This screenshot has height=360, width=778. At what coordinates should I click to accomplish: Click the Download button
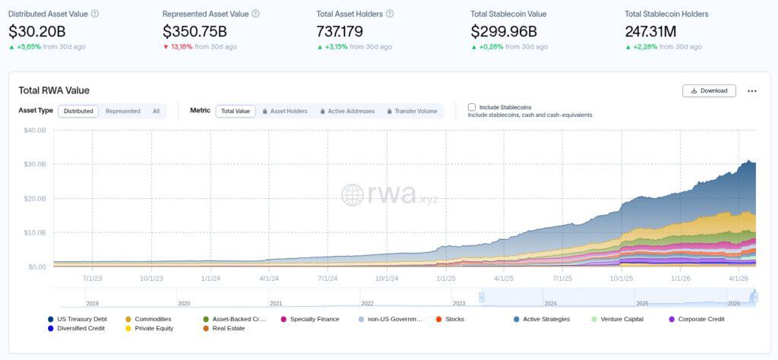[710, 90]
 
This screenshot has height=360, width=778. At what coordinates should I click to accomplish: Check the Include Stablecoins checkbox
[472, 107]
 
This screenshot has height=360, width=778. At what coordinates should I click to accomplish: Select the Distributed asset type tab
[78, 111]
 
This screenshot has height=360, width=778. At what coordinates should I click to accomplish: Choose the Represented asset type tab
[122, 111]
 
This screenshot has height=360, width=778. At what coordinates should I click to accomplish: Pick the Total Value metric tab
[235, 111]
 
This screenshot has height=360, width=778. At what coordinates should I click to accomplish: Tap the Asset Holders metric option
[285, 111]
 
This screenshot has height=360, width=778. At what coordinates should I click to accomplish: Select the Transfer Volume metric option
[412, 111]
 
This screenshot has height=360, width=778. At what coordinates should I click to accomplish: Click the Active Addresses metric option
[347, 111]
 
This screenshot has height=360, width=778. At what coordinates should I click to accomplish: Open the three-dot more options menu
[752, 90]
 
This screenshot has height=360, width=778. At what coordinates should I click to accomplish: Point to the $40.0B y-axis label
[35, 130]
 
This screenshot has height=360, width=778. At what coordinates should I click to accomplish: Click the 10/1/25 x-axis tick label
[621, 279]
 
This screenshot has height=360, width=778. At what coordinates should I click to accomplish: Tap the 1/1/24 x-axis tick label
[211, 279]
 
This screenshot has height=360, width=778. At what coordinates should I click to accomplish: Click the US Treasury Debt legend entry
[80, 319]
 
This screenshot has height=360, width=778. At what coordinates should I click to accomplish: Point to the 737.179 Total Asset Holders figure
[340, 31]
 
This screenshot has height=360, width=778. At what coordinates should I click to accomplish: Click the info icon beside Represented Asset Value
[255, 14]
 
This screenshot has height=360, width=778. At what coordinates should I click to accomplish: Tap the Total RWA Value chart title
[54, 90]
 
